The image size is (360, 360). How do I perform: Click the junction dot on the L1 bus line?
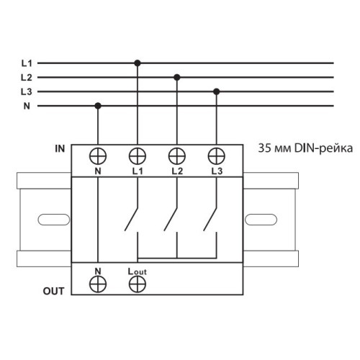pos(138,63)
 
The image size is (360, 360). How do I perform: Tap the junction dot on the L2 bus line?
pos(177,77)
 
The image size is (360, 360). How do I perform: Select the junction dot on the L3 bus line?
pos(217,91)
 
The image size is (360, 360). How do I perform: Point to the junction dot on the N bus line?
pos(98,106)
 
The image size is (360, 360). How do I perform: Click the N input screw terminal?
pos(98,156)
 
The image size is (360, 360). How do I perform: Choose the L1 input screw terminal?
pos(138,156)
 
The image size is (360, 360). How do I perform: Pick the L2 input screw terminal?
pos(177,156)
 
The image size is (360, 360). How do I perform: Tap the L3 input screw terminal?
pos(217,156)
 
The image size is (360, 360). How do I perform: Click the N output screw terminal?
pos(98,284)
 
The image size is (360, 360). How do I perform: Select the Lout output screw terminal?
pos(138,284)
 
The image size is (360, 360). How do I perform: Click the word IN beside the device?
pos(60,149)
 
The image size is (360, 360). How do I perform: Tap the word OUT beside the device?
pos(53,291)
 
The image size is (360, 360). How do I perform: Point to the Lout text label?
pos(137,271)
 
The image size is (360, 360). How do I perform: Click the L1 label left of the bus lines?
pos(27,63)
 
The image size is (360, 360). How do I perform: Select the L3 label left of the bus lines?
pos(27,91)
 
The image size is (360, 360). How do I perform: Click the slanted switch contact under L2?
pos(171,219)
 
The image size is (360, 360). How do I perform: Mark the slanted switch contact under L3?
pos(210,219)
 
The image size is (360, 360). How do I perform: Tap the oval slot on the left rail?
pos(54,220)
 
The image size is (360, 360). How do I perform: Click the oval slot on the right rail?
pos(261,220)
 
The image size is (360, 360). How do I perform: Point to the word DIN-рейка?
pos(323,148)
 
